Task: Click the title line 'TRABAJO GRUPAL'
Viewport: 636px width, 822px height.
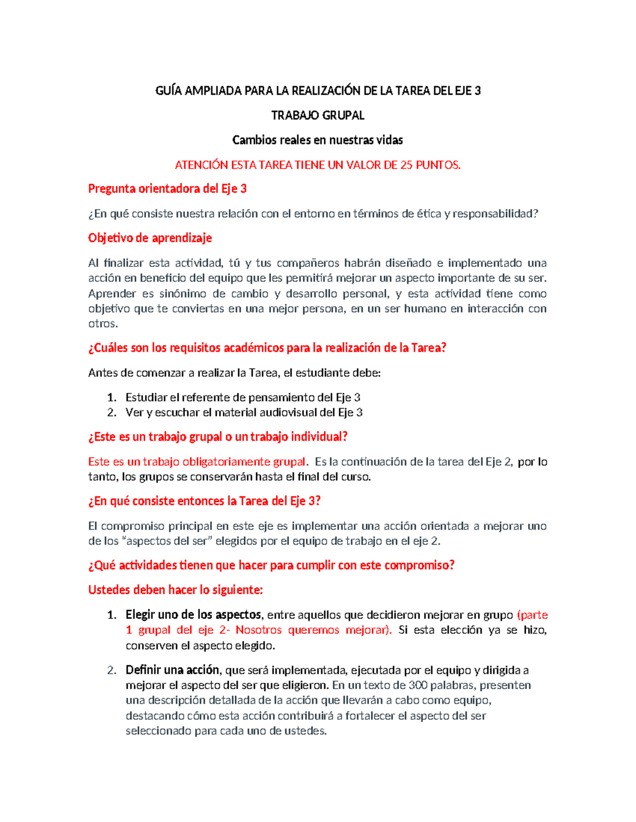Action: (x=317, y=115)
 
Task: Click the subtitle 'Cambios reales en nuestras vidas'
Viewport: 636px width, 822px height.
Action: (x=317, y=140)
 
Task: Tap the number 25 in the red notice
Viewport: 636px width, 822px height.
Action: (x=406, y=165)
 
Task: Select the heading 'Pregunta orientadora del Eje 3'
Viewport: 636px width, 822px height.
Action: (x=167, y=189)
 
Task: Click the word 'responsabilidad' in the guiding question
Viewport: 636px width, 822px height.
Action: (x=493, y=214)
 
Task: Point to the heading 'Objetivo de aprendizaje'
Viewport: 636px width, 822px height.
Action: (x=150, y=238)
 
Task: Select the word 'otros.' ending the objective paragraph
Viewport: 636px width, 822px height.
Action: (x=103, y=323)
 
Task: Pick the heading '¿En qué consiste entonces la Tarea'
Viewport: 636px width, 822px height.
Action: (x=204, y=501)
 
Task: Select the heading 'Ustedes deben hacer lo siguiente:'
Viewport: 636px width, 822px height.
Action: (x=175, y=590)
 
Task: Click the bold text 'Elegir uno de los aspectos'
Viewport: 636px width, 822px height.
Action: (x=193, y=615)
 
